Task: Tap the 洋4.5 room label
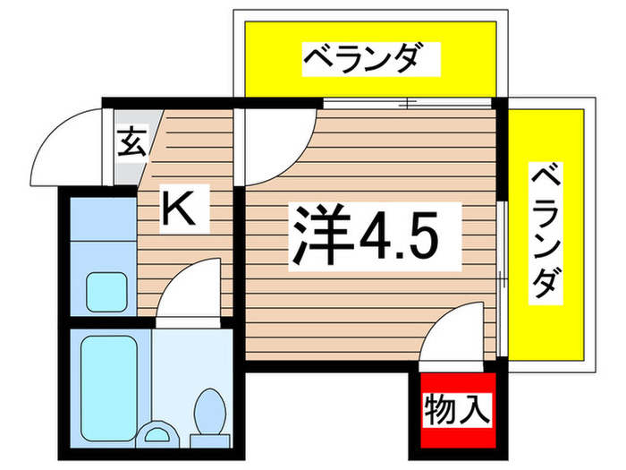[362, 232]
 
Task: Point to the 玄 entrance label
[131, 142]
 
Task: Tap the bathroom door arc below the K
[190, 288]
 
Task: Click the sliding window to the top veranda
[407, 103]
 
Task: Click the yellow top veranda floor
[268, 59]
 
